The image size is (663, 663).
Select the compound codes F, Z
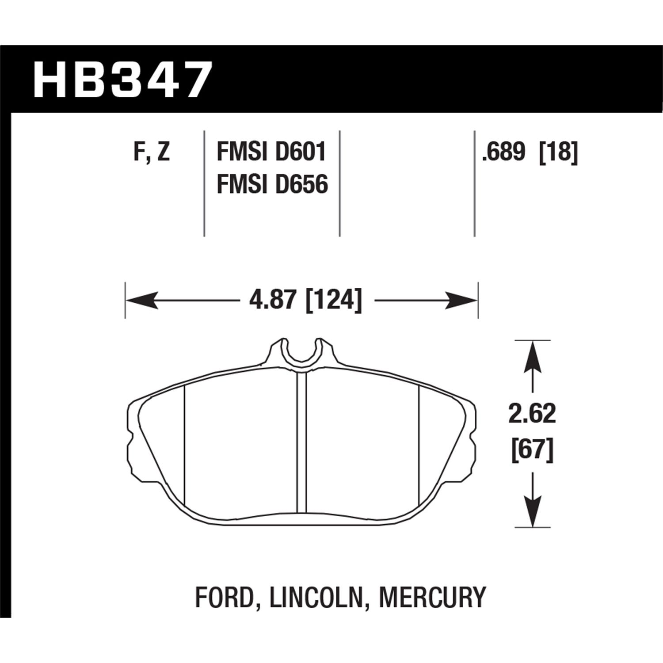(x=151, y=152)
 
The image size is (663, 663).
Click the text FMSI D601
(x=271, y=152)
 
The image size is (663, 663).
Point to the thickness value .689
(x=506, y=152)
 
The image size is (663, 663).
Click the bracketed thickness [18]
(x=559, y=152)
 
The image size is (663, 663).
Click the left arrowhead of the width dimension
(x=141, y=301)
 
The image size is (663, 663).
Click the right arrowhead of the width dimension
(x=462, y=301)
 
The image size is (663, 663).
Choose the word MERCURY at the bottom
(x=432, y=597)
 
